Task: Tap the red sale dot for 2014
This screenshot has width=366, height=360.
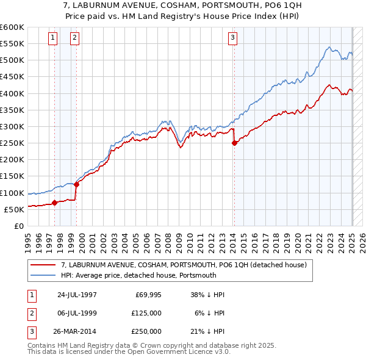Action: point(234,143)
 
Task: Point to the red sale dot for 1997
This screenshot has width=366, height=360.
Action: point(55,203)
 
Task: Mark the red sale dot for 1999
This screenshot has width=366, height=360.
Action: point(77,184)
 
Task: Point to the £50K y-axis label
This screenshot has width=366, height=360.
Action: point(15,209)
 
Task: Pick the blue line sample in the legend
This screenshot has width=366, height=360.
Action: point(43,275)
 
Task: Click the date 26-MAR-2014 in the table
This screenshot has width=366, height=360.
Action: point(77,331)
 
